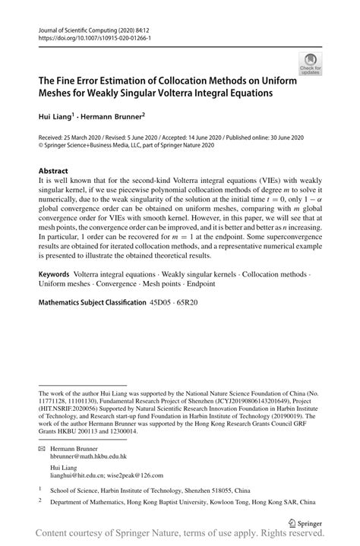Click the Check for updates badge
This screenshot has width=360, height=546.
tap(310, 65)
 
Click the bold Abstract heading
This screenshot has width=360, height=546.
tap(53, 172)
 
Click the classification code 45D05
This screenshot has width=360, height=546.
tap(165, 302)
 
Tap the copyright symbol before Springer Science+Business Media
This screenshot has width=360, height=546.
tap(41, 145)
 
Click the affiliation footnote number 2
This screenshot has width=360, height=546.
tap(40, 502)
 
